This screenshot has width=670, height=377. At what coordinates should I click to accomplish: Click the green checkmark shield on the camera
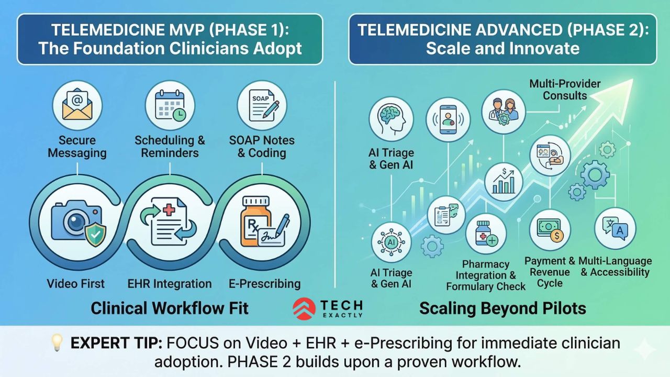click(94, 235)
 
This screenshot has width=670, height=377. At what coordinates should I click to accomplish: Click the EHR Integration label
click(170, 284)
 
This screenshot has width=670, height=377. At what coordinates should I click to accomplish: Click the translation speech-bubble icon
click(615, 229)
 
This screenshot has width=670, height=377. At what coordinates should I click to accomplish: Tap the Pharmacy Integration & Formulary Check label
click(486, 275)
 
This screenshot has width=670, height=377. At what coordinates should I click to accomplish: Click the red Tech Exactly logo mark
click(304, 308)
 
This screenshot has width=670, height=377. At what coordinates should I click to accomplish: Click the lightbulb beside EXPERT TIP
click(57, 344)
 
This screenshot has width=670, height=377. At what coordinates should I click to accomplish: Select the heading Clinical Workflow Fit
click(170, 308)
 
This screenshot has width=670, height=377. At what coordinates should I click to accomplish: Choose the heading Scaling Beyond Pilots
click(502, 308)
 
